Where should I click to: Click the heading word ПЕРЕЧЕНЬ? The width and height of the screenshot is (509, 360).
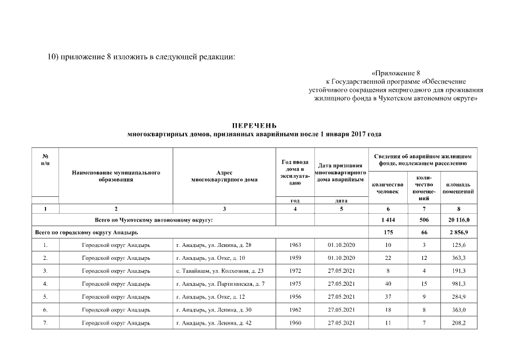254,125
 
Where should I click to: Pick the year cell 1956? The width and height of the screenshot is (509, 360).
295,297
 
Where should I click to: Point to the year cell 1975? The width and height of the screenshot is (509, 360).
295,284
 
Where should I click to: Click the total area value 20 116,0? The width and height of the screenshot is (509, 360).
459,219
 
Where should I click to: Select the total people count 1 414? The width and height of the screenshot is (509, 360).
388,219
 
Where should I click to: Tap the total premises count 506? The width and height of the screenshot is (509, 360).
425,219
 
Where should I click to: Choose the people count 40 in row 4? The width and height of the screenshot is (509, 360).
388,284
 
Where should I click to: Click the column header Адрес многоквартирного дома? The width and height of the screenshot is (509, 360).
224,176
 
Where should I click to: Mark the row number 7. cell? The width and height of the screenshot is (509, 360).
45,323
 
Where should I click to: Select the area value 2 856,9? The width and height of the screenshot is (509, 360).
459,232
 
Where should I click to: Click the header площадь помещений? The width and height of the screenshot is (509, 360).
459,188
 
